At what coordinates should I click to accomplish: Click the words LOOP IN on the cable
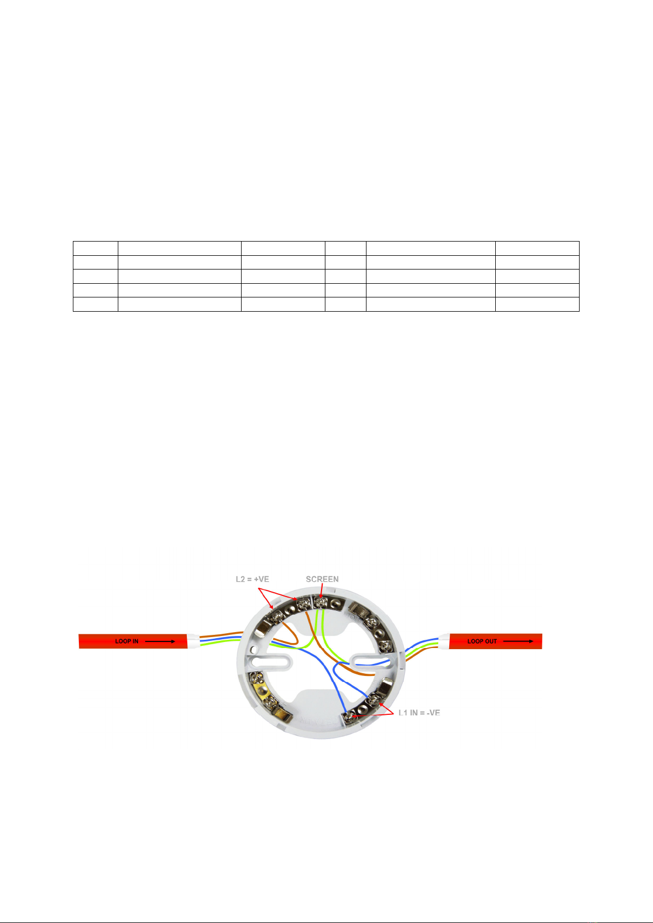pyautogui.click(x=127, y=641)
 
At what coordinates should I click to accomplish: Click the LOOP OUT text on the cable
pyautogui.click(x=482, y=641)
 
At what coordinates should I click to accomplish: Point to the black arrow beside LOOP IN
pyautogui.click(x=160, y=641)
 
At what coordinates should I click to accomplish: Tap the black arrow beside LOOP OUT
pyautogui.click(x=518, y=641)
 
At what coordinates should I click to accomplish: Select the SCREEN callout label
pyautogui.click(x=322, y=579)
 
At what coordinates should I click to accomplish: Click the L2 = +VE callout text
pyautogui.click(x=252, y=579)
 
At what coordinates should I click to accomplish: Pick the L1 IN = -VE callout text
pyautogui.click(x=420, y=713)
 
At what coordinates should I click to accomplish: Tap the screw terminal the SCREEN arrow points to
pyautogui.click(x=320, y=603)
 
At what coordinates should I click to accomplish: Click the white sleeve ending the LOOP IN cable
pyautogui.click(x=193, y=641)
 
